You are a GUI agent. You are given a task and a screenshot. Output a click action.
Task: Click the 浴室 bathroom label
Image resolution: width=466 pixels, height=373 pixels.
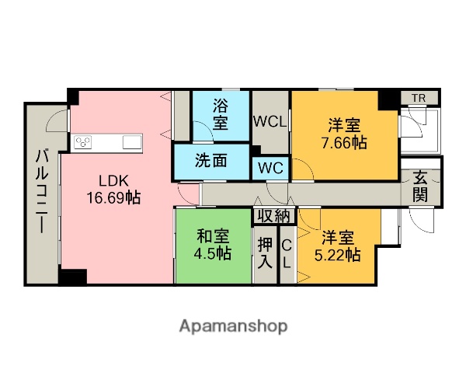pos(221,113)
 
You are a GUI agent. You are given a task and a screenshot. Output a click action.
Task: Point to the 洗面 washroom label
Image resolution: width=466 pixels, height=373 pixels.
pos(210,162)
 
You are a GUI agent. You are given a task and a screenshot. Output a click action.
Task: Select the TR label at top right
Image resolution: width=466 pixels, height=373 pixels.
pos(418,98)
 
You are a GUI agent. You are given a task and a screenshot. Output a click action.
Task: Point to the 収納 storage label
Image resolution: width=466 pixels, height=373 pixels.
pos(274,216)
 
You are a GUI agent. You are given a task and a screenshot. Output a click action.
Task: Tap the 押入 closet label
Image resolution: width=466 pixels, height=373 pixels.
pos(266,253)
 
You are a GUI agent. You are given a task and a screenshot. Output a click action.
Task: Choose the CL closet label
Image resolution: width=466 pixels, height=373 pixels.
pos(286,253)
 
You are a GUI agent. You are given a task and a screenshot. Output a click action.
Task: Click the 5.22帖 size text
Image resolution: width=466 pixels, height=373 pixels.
pos(339,254)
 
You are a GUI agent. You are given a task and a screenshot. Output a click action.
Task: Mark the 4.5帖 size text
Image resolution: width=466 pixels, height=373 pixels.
pos(212,253)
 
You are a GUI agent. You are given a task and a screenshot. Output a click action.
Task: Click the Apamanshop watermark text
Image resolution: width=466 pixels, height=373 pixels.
pos(233,326)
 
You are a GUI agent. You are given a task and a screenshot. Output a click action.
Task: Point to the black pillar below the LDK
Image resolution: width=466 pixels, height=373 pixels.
pos(72,277)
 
